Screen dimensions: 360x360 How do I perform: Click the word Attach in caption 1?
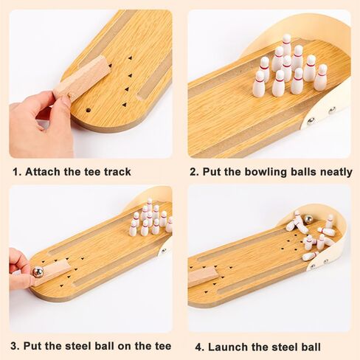tap(44, 172)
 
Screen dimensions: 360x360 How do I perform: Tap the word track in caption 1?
tap(116, 172)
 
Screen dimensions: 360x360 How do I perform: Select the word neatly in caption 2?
tap(333, 172)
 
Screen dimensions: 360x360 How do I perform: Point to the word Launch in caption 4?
tap(231, 346)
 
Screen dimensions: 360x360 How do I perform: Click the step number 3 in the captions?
tap(14, 345)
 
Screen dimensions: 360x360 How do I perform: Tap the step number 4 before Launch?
tap(198, 346)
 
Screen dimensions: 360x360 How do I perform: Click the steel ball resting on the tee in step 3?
tap(38, 272)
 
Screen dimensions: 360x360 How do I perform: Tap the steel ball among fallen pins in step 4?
tap(308, 220)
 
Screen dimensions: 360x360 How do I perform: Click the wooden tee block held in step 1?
tap(81, 78)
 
